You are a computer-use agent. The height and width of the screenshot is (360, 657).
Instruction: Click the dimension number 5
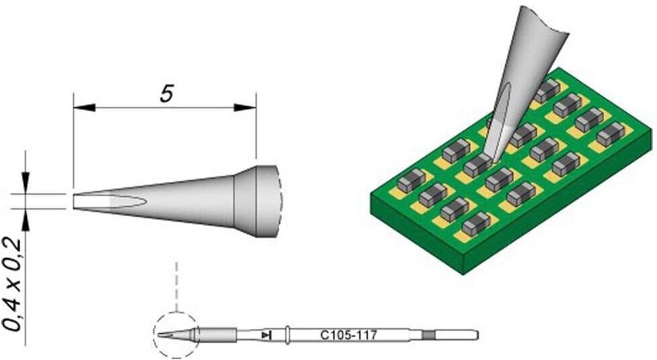pos(167,94)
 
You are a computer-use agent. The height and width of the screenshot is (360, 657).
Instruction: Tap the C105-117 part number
pos(349,335)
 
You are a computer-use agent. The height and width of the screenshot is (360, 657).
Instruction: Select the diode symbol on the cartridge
pos(266,335)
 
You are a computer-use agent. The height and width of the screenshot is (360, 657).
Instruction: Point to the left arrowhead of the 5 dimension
pos(85,107)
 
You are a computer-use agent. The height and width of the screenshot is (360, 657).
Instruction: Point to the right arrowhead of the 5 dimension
pos(245,107)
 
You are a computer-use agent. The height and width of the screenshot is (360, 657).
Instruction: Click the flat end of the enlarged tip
pos(74,201)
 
